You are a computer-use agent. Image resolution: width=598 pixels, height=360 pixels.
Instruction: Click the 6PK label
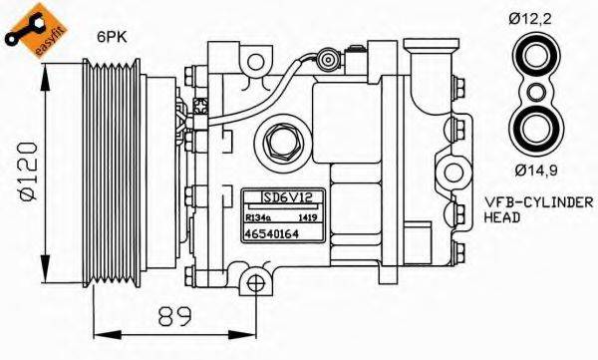click(111, 37)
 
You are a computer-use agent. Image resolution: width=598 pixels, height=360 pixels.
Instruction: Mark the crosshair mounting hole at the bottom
click(256, 283)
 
